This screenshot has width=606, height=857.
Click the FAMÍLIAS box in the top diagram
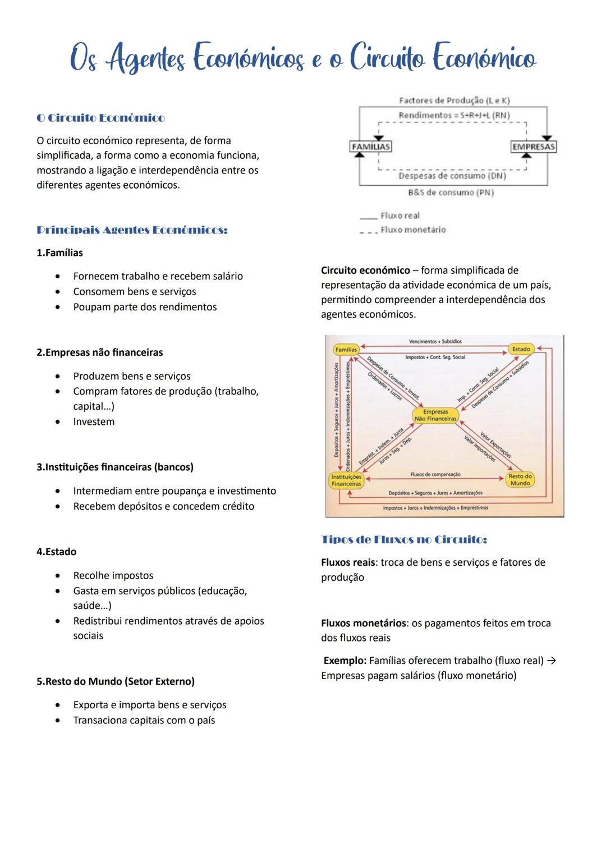click(370, 146)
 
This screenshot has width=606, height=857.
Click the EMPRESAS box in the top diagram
click(533, 146)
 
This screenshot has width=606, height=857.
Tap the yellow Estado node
click(521, 349)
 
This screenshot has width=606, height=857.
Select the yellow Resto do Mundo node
click(520, 480)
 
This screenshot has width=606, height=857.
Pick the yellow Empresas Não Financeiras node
click(435, 415)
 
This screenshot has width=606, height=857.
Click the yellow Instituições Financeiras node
click(346, 480)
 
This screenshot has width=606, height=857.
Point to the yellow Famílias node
click(346, 350)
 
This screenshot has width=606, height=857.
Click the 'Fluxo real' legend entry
click(400, 216)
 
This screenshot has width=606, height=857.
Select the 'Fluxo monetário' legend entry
click(413, 230)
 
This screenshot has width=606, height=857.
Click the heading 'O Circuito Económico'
click(100, 118)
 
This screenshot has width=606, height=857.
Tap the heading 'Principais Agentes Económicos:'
click(132, 230)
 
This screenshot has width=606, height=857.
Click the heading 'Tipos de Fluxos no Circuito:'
click(403, 540)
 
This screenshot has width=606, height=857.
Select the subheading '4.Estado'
click(56, 552)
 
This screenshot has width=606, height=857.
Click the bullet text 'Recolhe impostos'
click(113, 575)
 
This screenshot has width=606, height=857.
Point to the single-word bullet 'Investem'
click(94, 421)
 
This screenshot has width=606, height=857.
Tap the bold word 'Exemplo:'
click(345, 661)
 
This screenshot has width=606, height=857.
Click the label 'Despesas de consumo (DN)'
click(452, 176)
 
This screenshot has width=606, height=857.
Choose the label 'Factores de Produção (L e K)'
click(454, 100)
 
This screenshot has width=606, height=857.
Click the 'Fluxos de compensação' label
click(435, 474)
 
